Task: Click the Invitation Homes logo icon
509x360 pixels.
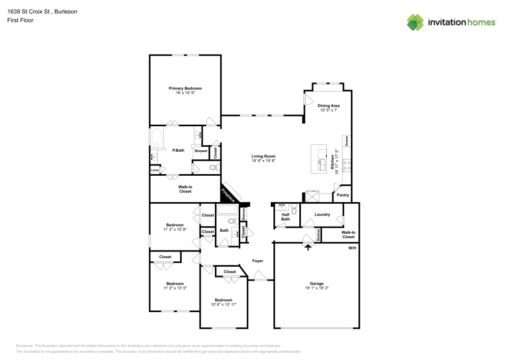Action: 415,22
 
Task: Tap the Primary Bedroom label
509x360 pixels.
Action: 185,88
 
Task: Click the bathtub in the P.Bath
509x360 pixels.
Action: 157,137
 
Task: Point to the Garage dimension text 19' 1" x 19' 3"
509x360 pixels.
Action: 317,288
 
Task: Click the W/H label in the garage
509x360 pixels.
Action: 352,248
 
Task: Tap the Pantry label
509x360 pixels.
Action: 343,195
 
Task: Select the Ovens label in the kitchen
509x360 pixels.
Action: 347,141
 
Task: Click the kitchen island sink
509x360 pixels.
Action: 322,164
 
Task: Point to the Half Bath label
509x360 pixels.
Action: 286,217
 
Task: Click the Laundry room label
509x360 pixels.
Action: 322,214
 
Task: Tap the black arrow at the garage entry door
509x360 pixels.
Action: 308,247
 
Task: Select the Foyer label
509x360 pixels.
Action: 258,261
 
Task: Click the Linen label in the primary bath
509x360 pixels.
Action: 155,170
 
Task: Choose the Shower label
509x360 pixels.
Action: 201,151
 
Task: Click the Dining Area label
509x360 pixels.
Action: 329,105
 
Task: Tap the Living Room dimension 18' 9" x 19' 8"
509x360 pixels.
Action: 263,161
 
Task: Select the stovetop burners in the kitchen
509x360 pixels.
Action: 347,164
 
